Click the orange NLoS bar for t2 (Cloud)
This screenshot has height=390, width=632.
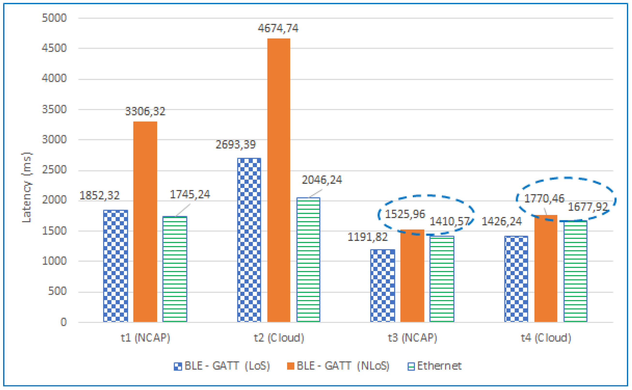279,181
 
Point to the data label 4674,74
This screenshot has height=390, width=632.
278,28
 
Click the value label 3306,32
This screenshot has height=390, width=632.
145,111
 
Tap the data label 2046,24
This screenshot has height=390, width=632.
322,180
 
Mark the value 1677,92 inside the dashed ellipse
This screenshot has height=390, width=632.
588,207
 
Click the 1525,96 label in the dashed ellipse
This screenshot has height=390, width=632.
405,214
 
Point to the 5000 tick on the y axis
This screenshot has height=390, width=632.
54,18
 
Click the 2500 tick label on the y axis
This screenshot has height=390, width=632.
54,170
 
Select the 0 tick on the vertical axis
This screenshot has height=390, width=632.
63,322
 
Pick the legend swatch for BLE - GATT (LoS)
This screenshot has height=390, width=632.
178,366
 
